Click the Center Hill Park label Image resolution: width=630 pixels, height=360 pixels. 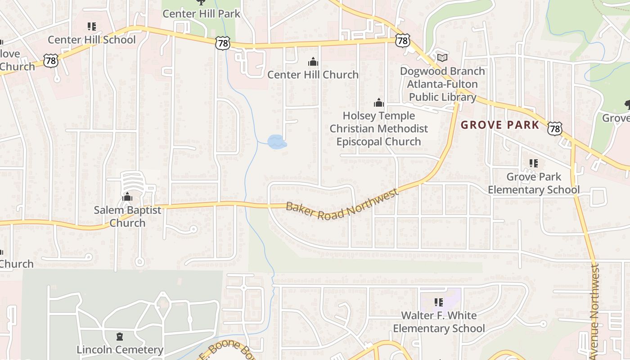tap(201, 13)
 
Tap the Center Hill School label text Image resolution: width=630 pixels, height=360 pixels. tap(91, 40)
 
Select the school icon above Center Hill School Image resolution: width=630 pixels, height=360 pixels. tap(92, 27)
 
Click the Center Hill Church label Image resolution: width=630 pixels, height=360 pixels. tap(313, 74)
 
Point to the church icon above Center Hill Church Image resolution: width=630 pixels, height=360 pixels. tap(313, 62)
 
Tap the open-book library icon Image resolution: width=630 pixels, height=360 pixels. tap(442, 58)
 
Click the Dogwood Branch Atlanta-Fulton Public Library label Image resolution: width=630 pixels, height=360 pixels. tap(442, 84)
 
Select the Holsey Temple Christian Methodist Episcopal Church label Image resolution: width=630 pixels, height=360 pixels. tap(378, 129)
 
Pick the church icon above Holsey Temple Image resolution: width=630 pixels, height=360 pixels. tap(379, 103)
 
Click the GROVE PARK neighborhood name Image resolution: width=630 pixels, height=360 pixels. tap(500, 125)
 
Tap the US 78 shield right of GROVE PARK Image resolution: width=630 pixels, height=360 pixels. tap(555, 129)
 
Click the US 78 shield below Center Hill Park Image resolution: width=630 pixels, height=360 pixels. tap(223, 43)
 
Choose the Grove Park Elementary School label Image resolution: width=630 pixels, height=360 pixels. tap(534, 183)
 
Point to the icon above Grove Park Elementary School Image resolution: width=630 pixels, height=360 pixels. tap(534, 163)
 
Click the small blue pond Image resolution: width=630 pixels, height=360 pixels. tap(277, 142)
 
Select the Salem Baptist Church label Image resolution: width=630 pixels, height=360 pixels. tap(127, 216)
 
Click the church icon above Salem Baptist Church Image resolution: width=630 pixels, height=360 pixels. tap(127, 197)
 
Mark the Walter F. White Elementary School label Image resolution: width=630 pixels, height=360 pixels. tap(439, 322)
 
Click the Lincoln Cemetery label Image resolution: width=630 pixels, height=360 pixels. tap(120, 350)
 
